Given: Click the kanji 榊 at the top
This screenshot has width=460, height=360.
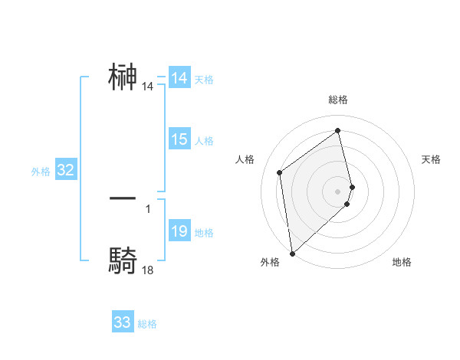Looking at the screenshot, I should [x=123, y=78].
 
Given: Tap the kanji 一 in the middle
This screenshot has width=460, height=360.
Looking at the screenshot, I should [x=123, y=198].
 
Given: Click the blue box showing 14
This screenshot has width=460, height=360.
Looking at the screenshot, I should [x=179, y=78].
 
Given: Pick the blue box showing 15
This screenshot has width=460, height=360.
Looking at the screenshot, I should [x=179, y=139].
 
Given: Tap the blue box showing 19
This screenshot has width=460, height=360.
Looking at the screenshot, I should [x=179, y=232].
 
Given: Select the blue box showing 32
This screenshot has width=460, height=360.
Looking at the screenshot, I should [x=65, y=171].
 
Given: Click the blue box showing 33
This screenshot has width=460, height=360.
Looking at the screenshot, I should [x=123, y=322].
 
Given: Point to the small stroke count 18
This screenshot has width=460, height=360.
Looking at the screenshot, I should [x=148, y=270].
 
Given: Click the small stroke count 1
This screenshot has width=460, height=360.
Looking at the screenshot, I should [x=148, y=208].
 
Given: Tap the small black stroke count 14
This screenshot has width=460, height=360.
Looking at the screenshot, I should [x=148, y=87].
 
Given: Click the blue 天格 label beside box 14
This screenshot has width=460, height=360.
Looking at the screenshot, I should [x=204, y=79].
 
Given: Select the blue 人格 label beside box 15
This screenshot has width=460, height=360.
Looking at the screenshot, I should [x=204, y=140].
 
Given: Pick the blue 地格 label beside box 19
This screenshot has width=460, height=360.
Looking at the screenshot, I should [x=204, y=233].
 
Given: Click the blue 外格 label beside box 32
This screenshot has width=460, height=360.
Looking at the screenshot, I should [x=41, y=172].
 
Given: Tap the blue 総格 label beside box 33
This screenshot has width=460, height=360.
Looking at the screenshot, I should [x=147, y=324].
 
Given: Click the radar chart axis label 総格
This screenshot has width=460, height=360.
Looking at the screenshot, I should [x=338, y=100].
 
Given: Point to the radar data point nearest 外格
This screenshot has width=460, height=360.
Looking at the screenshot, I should [x=292, y=253].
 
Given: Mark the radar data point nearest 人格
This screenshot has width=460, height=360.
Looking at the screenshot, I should [x=280, y=172].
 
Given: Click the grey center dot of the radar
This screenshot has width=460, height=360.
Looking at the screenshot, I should [x=338, y=191].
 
